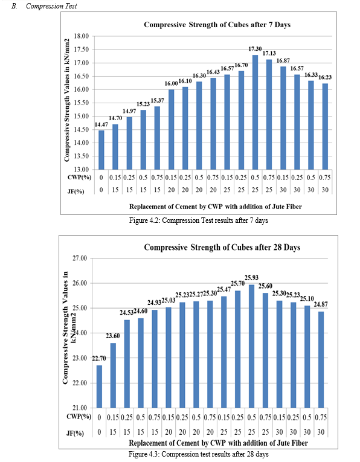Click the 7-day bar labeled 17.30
[255, 112]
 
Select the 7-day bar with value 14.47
[101, 150]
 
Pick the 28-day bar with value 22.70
[99, 387]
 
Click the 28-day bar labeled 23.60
[113, 376]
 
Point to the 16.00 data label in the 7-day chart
[171, 84]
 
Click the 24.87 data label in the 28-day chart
[321, 304]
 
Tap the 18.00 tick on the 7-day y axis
[82, 36]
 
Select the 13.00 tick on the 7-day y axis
[82, 170]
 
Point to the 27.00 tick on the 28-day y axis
[80, 258]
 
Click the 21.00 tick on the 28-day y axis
[80, 408]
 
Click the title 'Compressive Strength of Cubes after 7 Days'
[217, 25]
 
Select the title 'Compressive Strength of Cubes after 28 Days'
[222, 247]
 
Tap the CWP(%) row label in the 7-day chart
[79, 178]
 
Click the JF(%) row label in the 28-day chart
[75, 433]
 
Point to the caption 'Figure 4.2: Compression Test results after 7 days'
[199, 220]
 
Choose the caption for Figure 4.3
[199, 454]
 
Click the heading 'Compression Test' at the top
[51, 6]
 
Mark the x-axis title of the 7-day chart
[216, 207]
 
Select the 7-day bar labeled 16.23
[325, 126]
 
